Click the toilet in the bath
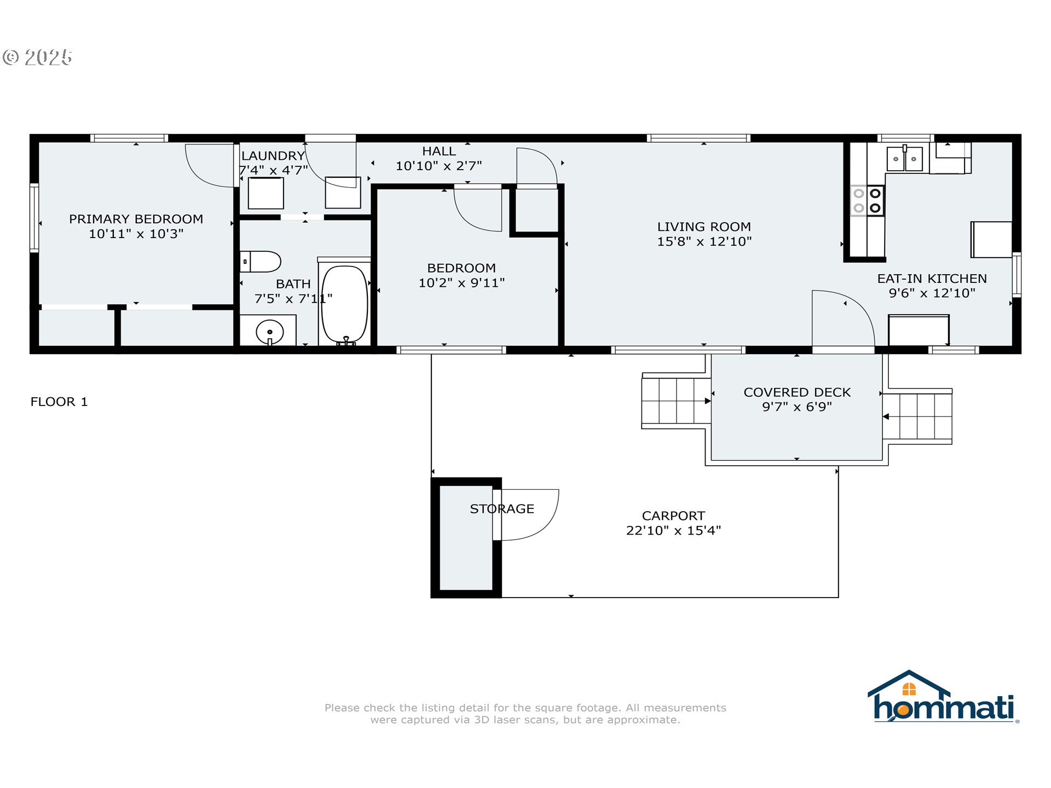point(261,262)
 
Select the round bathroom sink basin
point(270,332)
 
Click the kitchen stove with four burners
point(867,200)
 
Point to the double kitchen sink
point(905,158)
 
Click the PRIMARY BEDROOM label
point(136,219)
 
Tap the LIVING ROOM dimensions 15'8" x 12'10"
point(704,241)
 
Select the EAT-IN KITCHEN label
point(932,279)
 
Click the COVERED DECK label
point(797,392)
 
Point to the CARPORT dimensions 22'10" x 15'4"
point(673,530)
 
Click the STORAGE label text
point(502,509)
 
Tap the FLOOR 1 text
point(59,402)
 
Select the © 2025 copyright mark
point(37,57)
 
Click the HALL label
point(438,151)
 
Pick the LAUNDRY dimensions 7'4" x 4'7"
point(274,170)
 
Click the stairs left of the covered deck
point(677,401)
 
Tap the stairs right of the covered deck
point(917,416)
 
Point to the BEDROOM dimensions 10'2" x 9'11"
point(461,283)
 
